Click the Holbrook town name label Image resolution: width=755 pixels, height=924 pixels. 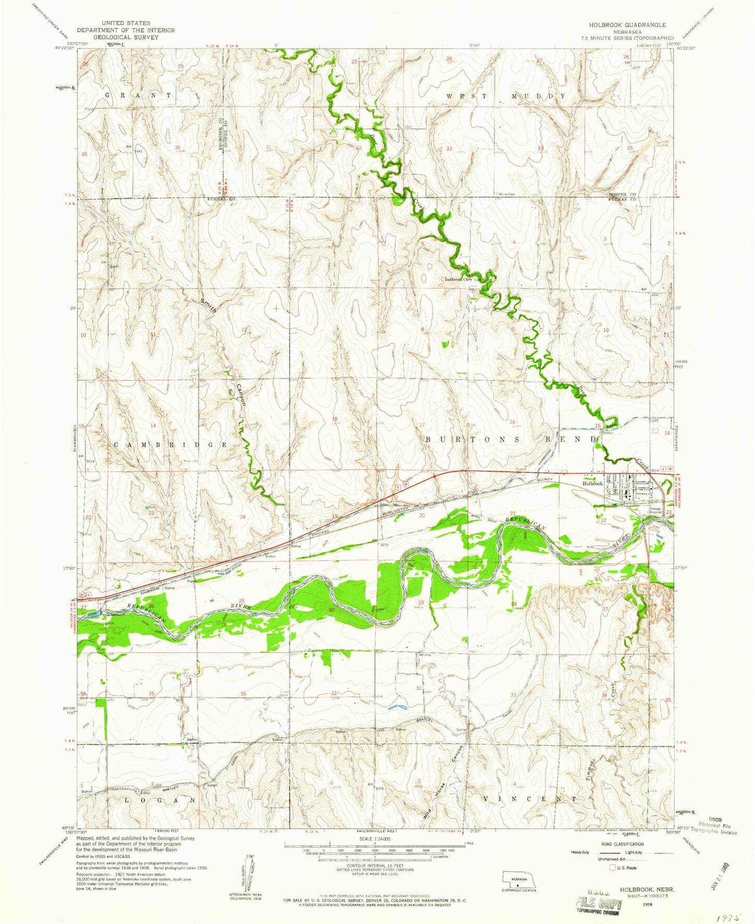(593, 484)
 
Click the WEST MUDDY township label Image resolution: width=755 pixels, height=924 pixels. (506, 96)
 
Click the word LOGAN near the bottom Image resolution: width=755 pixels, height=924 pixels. (159, 800)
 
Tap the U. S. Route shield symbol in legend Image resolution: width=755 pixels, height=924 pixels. (612, 868)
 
